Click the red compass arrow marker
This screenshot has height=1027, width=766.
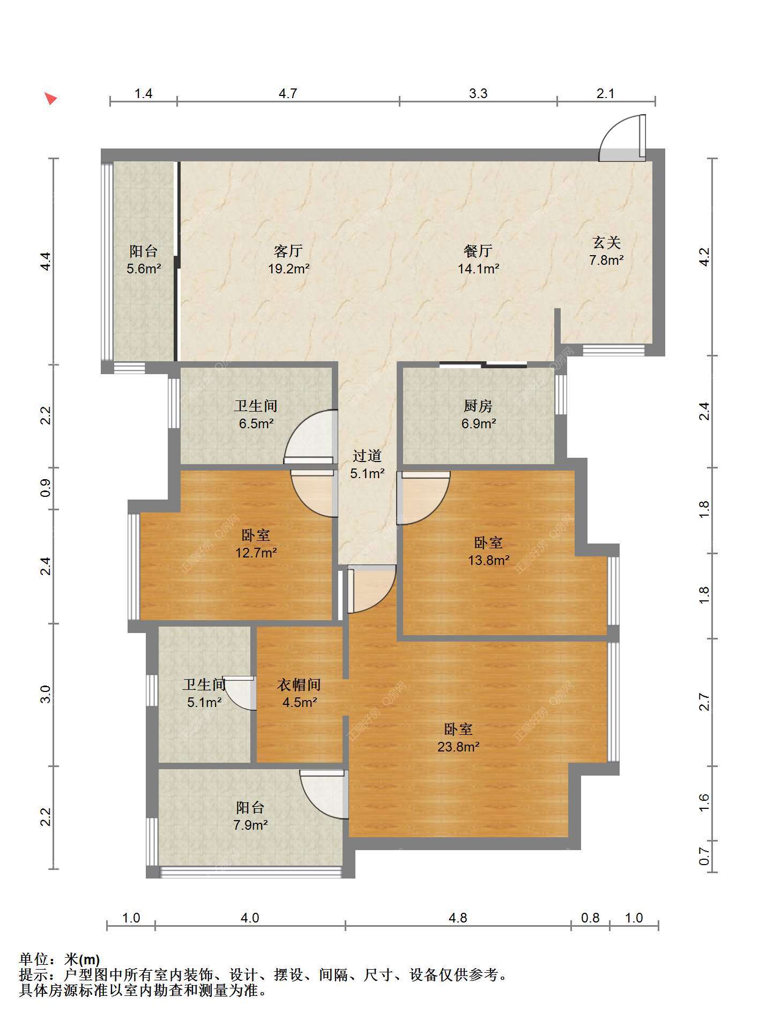coord(50,99)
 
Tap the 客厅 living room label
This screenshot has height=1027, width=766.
coord(288,251)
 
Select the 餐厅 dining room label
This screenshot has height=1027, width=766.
coord(478,251)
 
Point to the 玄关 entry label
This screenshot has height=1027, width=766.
coord(606,243)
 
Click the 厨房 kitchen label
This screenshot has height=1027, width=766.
coord(478,406)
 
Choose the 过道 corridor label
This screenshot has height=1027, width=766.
coord(367,456)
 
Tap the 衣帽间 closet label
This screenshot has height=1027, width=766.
coord(299,684)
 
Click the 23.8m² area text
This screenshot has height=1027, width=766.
coord(458,746)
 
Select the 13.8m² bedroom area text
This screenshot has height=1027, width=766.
coord(488,560)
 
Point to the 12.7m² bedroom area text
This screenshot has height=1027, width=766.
coord(256,552)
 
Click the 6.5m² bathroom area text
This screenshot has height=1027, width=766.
coord(256,423)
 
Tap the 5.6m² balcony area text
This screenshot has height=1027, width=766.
coord(144,269)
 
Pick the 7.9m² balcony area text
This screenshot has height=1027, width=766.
coord(250,825)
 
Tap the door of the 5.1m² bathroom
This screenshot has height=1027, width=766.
coord(239,694)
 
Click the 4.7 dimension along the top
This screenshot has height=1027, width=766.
coord(288,94)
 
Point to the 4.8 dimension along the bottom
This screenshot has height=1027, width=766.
coord(458,918)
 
